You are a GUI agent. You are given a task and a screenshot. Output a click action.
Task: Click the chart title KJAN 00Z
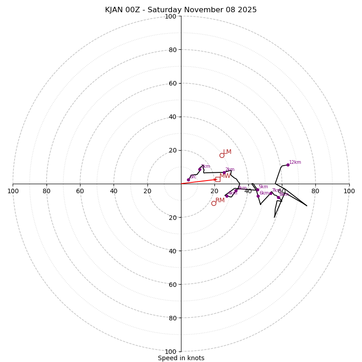tap(181, 10)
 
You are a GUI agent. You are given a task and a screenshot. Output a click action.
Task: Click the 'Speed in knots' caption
tap(181, 358)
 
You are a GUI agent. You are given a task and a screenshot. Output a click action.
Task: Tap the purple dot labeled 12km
tap(288, 165)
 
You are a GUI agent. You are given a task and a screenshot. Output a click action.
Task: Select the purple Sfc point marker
tap(188, 180)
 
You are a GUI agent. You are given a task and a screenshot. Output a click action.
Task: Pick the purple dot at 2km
tap(224, 172)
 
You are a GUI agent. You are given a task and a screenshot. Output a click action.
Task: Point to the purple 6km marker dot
tap(258, 196)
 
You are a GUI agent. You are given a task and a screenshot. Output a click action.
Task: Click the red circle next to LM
tap(222, 155)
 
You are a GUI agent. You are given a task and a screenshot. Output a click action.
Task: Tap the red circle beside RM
tap(214, 203)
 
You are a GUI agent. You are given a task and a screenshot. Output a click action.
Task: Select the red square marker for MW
tap(218, 179)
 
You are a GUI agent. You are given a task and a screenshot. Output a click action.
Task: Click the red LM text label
tap(227, 152)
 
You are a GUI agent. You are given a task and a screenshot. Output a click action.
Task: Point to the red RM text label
tap(220, 200)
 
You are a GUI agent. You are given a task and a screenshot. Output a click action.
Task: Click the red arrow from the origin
tap(199, 181)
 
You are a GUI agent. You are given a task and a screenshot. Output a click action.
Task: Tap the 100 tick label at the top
tap(171, 16)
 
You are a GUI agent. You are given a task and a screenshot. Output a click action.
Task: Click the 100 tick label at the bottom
tap(171, 352)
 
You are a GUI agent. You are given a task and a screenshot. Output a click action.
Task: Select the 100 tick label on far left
tap(13, 191)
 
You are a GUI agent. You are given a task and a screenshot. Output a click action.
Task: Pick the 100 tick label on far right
tap(349, 191)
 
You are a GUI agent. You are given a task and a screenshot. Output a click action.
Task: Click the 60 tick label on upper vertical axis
tap(172, 83)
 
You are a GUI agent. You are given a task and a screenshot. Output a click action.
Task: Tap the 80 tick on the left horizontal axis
tap(47, 191)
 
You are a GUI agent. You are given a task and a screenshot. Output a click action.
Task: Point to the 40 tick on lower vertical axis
tap(172, 251)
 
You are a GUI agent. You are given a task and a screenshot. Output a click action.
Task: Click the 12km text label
tap(295, 162)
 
